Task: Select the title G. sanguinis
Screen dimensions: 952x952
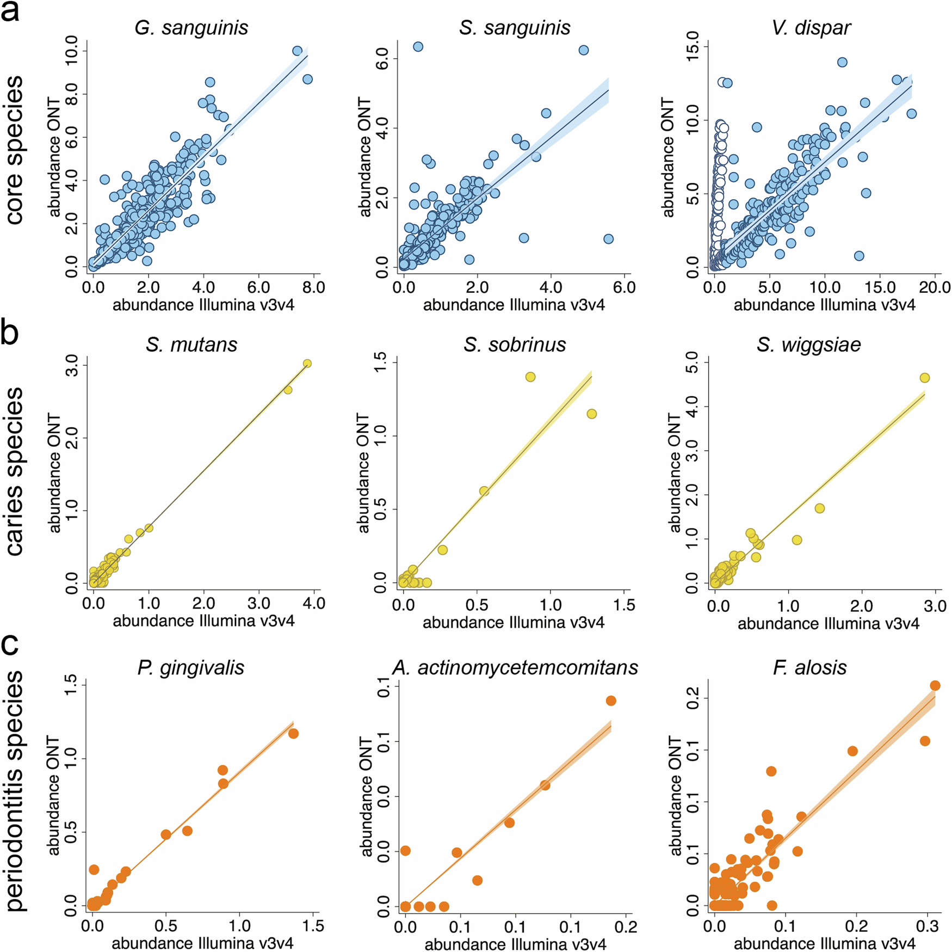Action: (x=191, y=28)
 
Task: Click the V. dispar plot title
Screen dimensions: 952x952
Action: (x=811, y=28)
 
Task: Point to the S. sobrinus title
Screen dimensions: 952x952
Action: (x=515, y=345)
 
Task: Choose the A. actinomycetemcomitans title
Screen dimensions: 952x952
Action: (x=515, y=667)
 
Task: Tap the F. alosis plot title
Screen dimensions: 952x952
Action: (x=810, y=667)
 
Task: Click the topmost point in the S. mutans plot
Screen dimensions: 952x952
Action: (x=307, y=364)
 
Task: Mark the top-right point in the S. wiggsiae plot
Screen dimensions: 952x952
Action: (x=924, y=378)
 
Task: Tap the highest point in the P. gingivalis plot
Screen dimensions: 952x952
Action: (x=293, y=734)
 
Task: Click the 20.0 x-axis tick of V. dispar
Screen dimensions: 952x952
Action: (x=935, y=287)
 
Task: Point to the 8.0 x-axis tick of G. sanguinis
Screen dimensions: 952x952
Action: (x=313, y=287)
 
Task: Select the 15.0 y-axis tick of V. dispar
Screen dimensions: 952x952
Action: (x=693, y=47)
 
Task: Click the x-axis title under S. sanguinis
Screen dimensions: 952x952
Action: (x=514, y=305)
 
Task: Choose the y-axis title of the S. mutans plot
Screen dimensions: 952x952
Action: (x=54, y=472)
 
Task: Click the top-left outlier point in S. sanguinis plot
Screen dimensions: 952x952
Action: (x=418, y=47)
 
